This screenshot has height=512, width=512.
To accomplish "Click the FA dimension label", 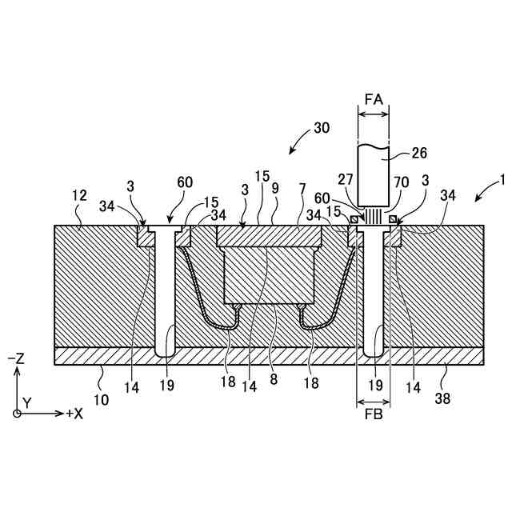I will [374, 99].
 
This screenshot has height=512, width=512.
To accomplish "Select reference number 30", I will [321, 128].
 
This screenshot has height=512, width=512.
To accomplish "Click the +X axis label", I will [74, 414].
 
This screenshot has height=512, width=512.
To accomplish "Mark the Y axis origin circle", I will [17, 413].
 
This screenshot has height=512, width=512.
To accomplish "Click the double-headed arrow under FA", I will [374, 114].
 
